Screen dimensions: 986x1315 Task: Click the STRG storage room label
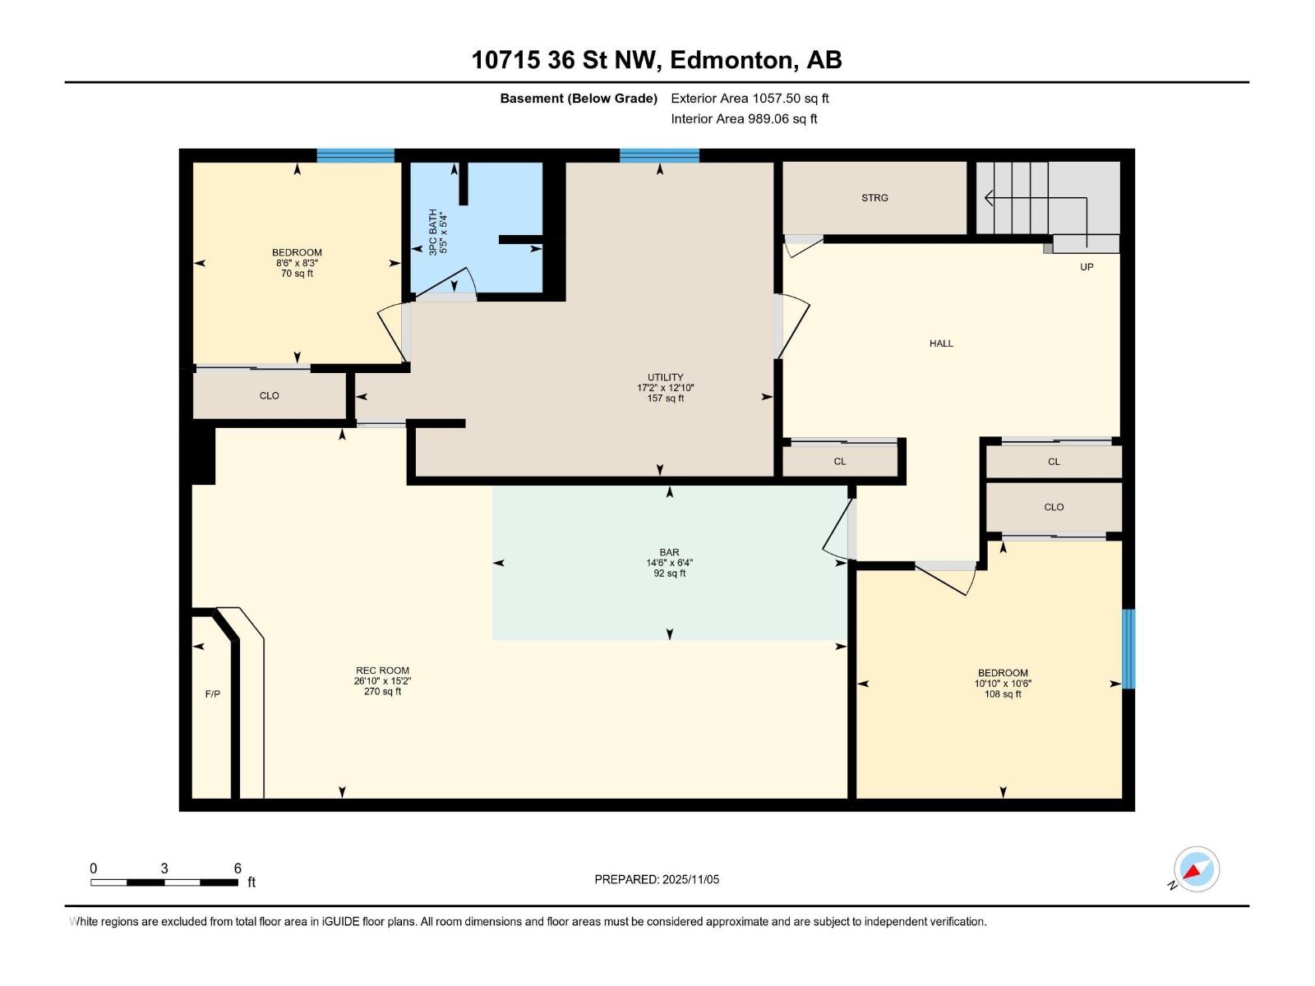click(x=874, y=198)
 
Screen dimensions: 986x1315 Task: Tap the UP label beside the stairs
click(x=1087, y=267)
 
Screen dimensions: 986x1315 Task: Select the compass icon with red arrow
click(x=1196, y=869)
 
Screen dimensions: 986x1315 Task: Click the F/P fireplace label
click(x=212, y=694)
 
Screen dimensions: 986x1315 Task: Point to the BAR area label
click(x=669, y=553)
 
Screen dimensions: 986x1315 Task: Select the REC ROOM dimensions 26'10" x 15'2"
click(x=382, y=681)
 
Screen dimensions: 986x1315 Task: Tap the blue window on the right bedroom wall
click(x=1128, y=649)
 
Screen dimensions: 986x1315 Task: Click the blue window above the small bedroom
click(x=355, y=156)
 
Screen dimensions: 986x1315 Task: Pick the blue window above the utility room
click(x=659, y=156)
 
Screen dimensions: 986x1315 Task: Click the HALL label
click(x=941, y=343)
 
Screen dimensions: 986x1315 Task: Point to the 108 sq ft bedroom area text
click(x=1003, y=694)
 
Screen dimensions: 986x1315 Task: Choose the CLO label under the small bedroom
click(x=269, y=396)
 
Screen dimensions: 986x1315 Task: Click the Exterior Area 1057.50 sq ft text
click(x=750, y=99)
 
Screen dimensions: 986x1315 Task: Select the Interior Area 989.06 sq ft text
click(x=744, y=119)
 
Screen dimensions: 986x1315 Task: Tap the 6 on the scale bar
click(x=238, y=869)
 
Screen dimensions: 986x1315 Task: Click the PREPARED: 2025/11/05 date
click(x=657, y=879)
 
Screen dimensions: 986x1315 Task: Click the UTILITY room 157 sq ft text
click(x=665, y=399)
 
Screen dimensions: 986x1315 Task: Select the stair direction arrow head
click(x=989, y=197)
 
